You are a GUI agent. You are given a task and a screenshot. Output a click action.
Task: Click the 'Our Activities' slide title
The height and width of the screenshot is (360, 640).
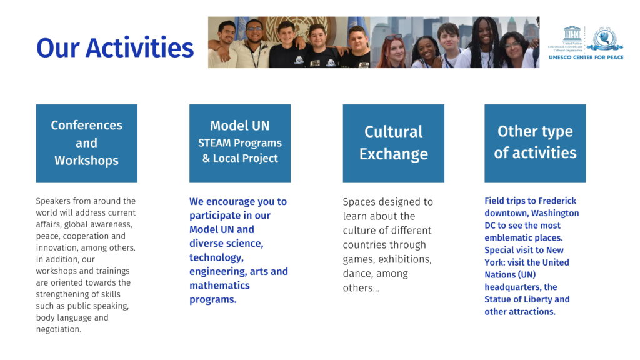coord(115,47)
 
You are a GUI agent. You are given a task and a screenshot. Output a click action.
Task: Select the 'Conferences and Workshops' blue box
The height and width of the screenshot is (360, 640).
coord(86,143)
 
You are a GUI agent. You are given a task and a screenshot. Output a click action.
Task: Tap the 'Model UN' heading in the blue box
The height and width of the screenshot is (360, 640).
coord(240,125)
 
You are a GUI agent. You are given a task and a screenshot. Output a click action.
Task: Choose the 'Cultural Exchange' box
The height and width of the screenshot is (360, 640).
coord(394,143)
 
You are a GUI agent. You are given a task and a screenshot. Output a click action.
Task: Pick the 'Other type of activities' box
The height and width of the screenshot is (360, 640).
coord(535,143)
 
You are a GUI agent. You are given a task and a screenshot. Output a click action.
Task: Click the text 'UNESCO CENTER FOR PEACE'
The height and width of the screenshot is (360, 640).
coord(586,57)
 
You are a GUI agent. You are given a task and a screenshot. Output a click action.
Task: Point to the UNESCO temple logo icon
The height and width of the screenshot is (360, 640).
coord(572,33)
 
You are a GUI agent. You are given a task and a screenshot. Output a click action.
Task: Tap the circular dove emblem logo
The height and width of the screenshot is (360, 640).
coord(604,39)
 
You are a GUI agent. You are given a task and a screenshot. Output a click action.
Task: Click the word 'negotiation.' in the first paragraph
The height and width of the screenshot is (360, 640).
coord(59,329)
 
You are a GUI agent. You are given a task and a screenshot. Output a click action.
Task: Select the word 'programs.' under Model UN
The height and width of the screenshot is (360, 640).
coord(213,299)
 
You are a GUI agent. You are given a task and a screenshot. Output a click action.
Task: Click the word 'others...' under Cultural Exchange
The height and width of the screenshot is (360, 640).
coord(361,287)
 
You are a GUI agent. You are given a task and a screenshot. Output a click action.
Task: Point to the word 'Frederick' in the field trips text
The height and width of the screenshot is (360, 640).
coord(557,201)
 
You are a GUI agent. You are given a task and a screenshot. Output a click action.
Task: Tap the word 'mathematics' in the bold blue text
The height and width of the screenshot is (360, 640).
coord(219,285)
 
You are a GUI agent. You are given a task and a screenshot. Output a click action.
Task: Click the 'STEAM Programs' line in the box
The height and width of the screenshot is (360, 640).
coord(240,143)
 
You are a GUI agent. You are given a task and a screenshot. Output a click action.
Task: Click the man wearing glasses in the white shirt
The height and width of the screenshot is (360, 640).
coord(252,43)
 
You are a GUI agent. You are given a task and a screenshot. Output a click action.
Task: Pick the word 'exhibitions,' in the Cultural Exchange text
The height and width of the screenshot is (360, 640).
coord(405,259)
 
